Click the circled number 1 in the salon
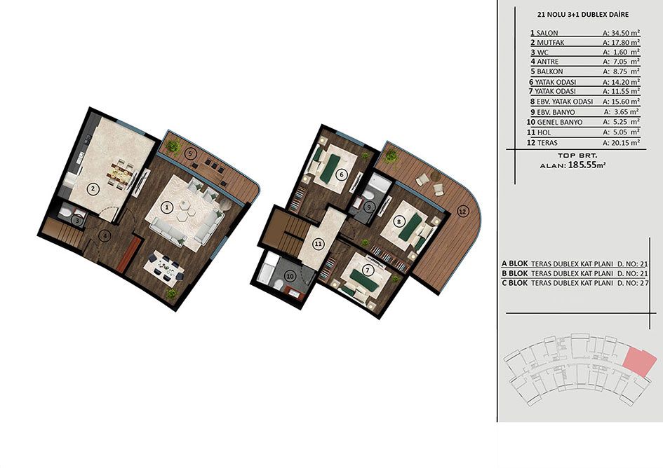coord(168,207)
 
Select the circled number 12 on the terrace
coord(463,211)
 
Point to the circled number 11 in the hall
coord(318,244)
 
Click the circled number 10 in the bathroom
coord(290,276)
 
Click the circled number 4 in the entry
coord(104,235)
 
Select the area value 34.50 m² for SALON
coord(621,32)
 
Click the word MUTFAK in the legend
coord(551,43)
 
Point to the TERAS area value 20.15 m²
coord(621,143)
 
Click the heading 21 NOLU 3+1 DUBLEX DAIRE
coord(582,15)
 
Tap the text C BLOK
coord(514,283)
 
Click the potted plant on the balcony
coord(173,147)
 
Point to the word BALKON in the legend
coord(550,71)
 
